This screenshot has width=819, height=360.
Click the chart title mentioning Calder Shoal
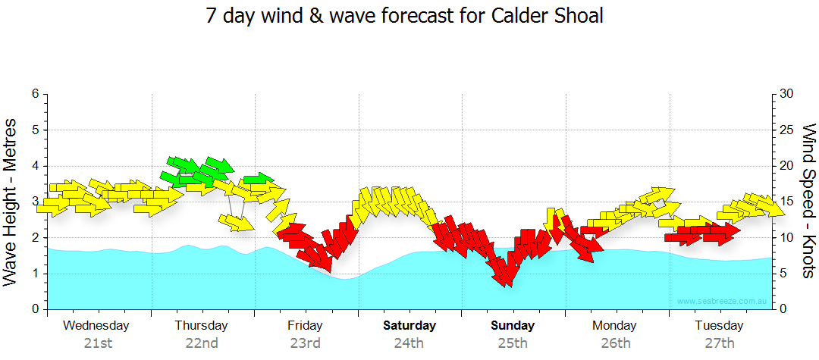pos(405,16)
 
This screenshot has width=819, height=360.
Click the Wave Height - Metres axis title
pos(11,201)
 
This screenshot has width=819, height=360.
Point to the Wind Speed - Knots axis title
pos(808,201)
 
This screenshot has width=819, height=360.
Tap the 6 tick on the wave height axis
pos(34,94)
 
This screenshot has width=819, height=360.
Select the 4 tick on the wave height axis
pos(34,166)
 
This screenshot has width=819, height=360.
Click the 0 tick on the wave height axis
pos(34,309)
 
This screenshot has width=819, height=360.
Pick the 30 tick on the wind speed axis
pos(787,94)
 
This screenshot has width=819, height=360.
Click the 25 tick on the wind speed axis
pos(787,130)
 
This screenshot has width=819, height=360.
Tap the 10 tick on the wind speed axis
pos(787,237)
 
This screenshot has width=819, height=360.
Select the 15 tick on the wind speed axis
pos(787,202)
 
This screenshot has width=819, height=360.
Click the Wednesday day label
pos(96,326)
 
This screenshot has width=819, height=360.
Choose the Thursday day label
pos(201,326)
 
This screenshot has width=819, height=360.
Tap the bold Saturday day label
pos(409,326)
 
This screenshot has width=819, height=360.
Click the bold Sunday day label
pos(513,326)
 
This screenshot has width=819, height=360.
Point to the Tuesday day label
pos(719,326)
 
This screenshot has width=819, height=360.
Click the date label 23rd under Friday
pos(305,343)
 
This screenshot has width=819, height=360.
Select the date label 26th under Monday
pos(615,343)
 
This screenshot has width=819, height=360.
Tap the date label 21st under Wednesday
pos(98,343)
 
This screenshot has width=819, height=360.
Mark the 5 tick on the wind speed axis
pos(784,274)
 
